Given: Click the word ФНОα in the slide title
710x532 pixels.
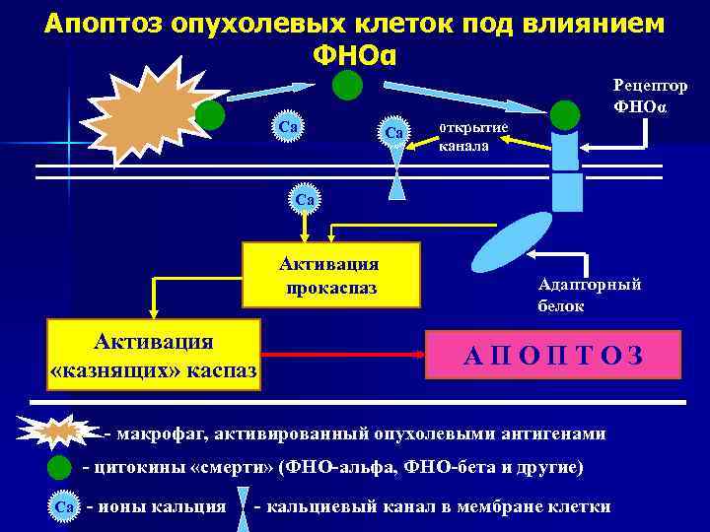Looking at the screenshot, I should [354, 55].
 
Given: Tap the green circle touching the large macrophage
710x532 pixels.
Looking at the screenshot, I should [210, 116].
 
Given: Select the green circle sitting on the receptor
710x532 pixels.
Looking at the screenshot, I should [565, 115].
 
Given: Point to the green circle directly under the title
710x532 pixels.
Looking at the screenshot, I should [346, 86].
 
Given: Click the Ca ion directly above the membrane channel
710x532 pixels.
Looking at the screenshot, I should [394, 132].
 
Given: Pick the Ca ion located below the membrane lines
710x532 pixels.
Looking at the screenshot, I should [305, 199].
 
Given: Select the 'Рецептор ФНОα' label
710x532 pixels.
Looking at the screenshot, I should [651, 96].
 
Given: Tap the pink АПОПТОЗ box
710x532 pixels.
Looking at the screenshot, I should [552, 355].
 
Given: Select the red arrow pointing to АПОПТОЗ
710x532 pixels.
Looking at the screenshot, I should [340, 353].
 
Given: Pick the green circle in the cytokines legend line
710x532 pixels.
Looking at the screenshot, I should [60, 467].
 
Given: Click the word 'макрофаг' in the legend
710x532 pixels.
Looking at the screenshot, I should [168, 433].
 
